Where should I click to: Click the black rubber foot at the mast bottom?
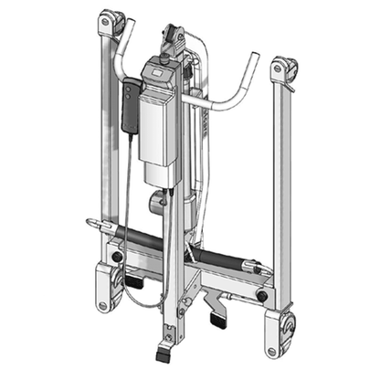164,350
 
